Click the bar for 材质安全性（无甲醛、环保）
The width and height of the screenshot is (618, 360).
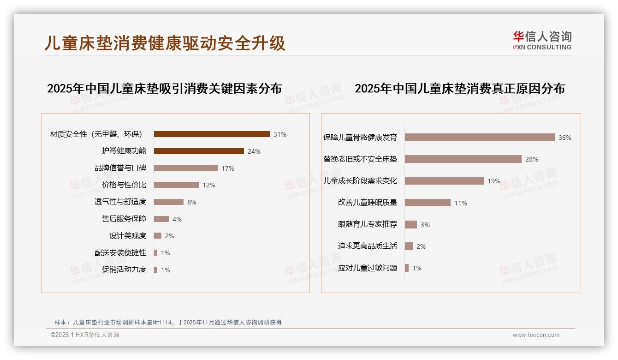212,134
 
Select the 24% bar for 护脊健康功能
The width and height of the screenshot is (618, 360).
199,151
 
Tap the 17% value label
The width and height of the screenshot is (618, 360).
228,168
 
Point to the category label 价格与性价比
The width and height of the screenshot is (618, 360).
124,185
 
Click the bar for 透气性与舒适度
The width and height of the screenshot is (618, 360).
169,202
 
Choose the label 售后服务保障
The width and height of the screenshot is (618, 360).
124,219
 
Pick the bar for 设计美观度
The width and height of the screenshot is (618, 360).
158,236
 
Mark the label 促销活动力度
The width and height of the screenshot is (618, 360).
124,270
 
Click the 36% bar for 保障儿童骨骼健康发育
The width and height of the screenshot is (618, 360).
480,138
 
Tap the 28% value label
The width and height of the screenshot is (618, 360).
532,159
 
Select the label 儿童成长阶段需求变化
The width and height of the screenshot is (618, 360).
360,181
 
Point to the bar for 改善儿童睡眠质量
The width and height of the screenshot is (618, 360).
428,203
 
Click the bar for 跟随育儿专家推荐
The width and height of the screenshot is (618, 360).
411,225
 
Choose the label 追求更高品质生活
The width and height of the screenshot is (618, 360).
368,246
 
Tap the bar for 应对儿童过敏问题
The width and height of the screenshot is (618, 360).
407,268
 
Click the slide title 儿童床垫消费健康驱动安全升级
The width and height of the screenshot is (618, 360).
165,43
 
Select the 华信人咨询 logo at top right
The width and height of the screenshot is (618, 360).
542,41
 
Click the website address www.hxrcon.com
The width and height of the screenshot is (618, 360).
536,335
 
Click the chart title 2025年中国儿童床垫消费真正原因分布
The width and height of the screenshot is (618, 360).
460,89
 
